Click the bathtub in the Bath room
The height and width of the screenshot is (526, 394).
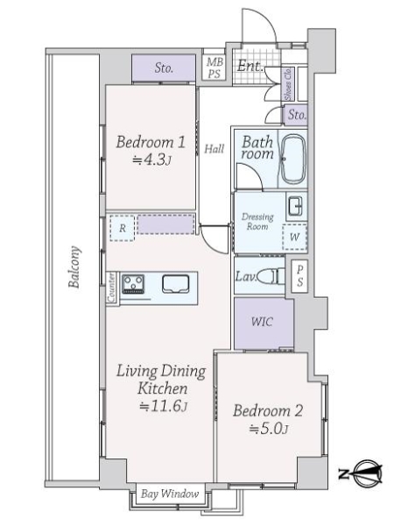[293, 159]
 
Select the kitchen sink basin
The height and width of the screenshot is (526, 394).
[176, 284]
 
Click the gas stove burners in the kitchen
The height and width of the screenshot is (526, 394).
[133, 284]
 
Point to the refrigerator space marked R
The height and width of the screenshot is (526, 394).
[123, 228]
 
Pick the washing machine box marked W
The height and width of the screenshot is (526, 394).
[294, 238]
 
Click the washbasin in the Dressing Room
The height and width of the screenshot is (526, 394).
[296, 205]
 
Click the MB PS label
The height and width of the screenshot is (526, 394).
[215, 68]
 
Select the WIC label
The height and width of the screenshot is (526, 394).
[262, 322]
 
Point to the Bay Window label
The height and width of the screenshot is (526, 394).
[170, 494]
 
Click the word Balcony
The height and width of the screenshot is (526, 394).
[74, 267]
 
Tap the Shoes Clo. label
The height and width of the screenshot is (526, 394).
[288, 84]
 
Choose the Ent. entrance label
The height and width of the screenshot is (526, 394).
[250, 66]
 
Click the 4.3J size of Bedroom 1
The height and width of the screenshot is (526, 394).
[151, 160]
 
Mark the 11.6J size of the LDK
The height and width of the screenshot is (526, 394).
[163, 406]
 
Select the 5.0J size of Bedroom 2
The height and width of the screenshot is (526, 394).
[269, 429]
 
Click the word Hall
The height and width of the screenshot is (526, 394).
[215, 148]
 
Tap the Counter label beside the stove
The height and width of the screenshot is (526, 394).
[111, 288]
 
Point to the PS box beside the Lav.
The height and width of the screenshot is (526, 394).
[299, 276]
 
